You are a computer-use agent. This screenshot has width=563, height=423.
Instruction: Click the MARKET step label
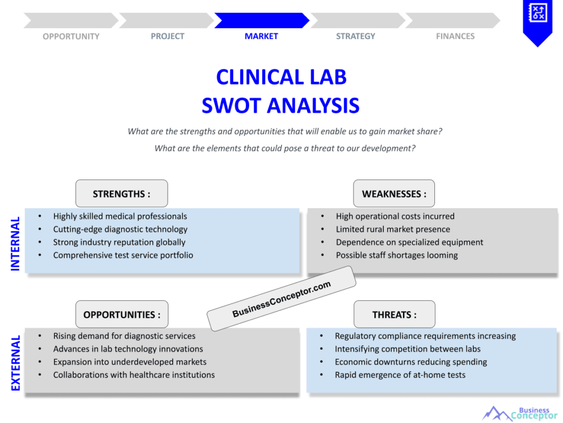click(261, 36)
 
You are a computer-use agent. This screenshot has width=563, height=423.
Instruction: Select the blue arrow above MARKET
click(262, 20)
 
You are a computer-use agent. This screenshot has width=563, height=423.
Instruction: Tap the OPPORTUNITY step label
click(71, 36)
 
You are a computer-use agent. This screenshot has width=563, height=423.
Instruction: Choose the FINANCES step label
click(455, 36)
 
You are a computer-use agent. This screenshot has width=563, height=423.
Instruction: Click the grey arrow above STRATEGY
click(357, 20)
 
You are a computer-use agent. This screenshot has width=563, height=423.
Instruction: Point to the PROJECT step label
click(167, 36)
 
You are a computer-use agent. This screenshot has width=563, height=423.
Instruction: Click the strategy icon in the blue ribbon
click(538, 13)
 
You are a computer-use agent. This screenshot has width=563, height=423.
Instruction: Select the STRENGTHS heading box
click(122, 193)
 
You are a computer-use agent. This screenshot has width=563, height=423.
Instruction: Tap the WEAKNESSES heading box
click(394, 193)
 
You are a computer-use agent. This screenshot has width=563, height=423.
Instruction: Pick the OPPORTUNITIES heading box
click(122, 314)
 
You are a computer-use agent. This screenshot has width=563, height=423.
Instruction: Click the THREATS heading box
click(394, 314)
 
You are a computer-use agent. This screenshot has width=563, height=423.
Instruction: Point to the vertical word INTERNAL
click(15, 243)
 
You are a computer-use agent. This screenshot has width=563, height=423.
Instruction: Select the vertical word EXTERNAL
click(15, 364)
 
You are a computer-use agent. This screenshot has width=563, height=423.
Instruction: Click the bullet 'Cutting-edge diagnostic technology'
click(120, 230)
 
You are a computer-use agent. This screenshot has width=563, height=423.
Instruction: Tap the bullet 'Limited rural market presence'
click(393, 230)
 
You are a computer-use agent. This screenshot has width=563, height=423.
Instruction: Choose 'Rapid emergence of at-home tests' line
click(400, 375)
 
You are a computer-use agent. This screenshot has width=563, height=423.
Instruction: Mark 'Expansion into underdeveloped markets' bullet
click(130, 362)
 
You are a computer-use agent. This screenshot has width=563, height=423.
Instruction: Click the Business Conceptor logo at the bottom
click(519, 414)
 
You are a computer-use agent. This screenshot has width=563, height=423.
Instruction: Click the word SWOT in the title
click(231, 106)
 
